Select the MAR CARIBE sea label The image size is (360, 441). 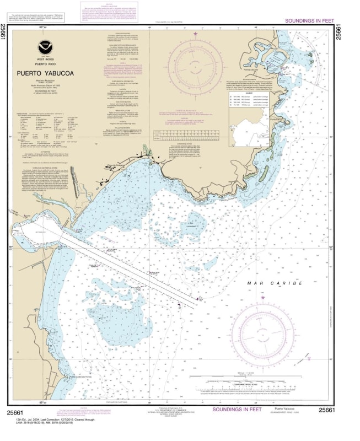pyautogui.click(x=275, y=283)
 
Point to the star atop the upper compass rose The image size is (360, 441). pyautogui.click(x=196, y=34)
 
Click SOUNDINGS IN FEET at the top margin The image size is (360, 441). pyautogui.click(x=309, y=21)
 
